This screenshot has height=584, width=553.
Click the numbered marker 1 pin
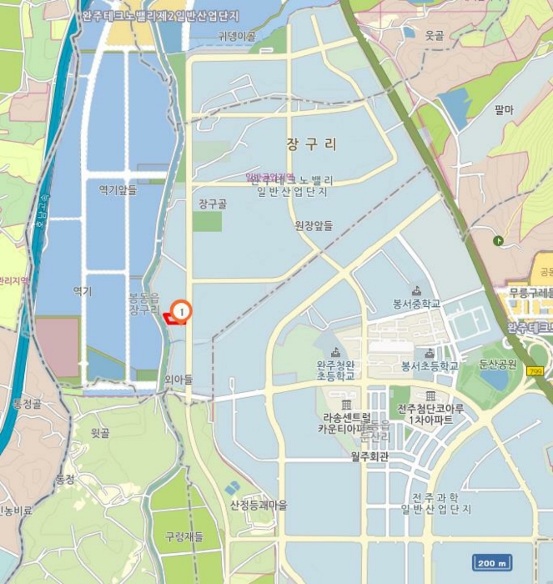182,311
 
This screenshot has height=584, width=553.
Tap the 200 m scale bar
491,562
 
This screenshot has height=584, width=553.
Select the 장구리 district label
311,143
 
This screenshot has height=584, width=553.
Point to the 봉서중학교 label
416,304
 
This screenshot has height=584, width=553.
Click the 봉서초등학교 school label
430,365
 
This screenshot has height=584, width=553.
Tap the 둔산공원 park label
497,365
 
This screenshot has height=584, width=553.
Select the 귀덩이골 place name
236,36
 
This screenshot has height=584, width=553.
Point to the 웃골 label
434,35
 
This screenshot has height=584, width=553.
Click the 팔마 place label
503,109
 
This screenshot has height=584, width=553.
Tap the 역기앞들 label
118,189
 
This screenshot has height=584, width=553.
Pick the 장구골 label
213,203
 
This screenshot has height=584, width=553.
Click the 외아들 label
178,380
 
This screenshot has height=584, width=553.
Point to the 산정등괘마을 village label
259,505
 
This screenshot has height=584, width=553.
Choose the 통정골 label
28,404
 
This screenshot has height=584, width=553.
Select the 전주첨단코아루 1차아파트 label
430,414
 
